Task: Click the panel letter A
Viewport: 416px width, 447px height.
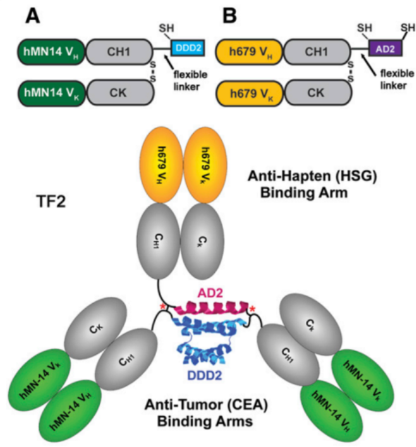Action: point(32,14)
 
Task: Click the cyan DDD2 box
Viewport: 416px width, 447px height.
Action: point(188,49)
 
